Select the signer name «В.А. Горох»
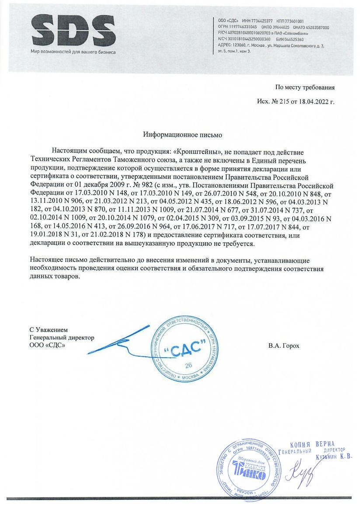click(x=283, y=345)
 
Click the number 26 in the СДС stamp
click(x=189, y=365)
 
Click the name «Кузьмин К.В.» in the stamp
click(x=333, y=457)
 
